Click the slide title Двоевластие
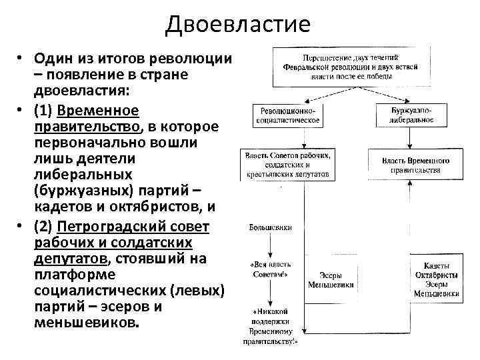tap(238, 25)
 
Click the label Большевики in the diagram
tap(270, 227)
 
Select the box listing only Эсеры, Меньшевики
tap(331, 279)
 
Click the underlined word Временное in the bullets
tap(98, 110)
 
